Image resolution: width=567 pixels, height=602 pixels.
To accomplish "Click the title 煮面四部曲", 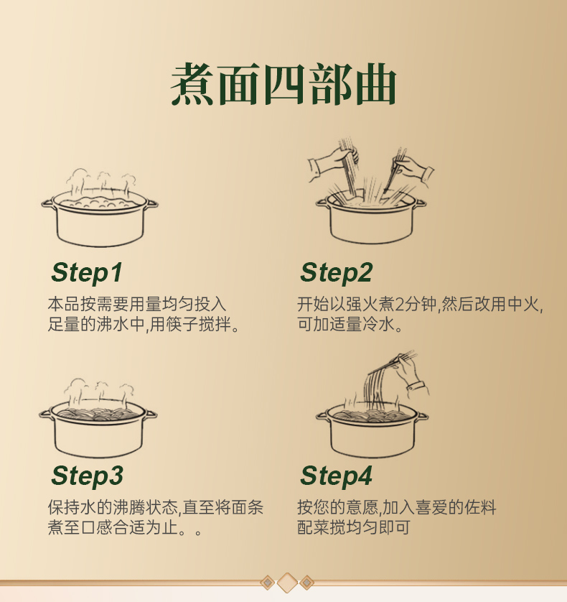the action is pos(283,84).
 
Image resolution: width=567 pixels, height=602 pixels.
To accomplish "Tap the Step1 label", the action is pos(87,273).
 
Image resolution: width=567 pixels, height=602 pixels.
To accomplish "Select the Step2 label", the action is pos(336,273).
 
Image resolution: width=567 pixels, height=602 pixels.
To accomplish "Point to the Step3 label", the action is pos(87,476).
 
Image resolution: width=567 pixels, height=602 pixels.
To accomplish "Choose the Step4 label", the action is pos(336,476).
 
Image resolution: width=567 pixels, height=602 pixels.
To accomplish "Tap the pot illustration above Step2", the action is pos(370,219).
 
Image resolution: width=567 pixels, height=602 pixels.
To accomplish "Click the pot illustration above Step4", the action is pos(372,430).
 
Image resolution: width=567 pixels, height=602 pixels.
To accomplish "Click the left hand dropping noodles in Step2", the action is pos(333,163).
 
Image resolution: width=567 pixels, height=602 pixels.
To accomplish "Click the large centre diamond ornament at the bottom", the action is pos(287,583).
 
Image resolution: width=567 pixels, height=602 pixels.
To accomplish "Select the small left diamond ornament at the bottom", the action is pos(268,583).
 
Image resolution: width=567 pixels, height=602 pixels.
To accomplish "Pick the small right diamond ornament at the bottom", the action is pos(307,583).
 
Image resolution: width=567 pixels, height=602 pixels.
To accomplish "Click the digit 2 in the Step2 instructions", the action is pos(399,305).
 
